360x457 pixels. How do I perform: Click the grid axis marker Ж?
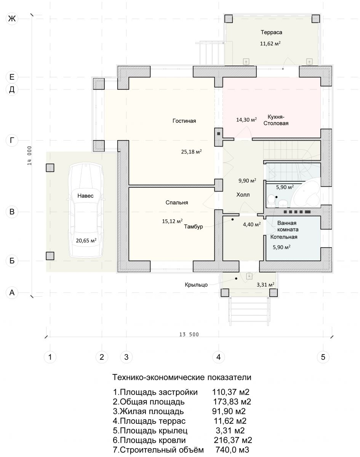(12, 19)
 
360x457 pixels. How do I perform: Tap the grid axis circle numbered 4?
(218, 357)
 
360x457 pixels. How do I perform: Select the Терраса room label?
(271, 32)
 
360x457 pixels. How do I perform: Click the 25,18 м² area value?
(191, 152)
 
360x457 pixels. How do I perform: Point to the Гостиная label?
(184, 121)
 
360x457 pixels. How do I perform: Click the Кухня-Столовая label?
(276, 120)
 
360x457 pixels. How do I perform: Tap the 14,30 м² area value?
(246, 120)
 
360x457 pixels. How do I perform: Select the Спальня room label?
(177, 203)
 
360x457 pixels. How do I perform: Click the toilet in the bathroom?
(271, 200)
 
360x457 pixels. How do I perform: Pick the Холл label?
(243, 195)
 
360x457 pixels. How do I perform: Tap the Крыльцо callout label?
(196, 285)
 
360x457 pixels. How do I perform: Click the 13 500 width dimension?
(189, 335)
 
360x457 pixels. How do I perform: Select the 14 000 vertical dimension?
(30, 155)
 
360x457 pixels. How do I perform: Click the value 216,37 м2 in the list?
(233, 440)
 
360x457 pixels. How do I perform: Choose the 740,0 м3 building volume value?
(232, 450)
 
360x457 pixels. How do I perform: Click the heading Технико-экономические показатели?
(182, 377)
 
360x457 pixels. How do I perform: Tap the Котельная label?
(284, 237)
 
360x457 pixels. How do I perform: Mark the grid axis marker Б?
(12, 260)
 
